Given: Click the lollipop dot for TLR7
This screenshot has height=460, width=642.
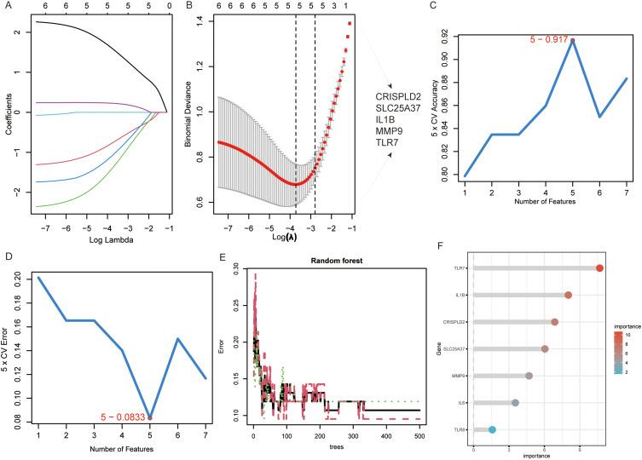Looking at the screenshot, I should pyautogui.click(x=599, y=268).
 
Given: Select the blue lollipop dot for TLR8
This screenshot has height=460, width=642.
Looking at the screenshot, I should pyautogui.click(x=492, y=430).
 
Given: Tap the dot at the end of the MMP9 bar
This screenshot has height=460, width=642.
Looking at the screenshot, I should pyautogui.click(x=529, y=376).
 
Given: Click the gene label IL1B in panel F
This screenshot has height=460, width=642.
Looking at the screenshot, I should pyautogui.click(x=459, y=296).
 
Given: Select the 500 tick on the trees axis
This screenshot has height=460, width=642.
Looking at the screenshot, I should pyautogui.click(x=418, y=437).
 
